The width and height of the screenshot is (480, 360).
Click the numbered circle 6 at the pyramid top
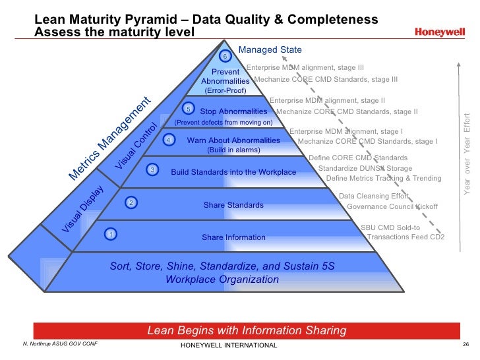(224, 57)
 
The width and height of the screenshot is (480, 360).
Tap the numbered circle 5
(189, 109)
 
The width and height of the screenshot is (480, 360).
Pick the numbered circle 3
(152, 170)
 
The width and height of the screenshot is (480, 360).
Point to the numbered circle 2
(131, 202)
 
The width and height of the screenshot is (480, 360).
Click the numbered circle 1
(111, 233)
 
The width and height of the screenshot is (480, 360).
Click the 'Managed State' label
(270, 49)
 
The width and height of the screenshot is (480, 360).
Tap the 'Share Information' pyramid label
(233, 237)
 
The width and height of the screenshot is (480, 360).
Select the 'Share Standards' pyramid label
(233, 205)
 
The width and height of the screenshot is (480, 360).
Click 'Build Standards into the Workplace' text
(233, 172)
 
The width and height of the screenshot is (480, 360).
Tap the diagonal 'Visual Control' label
(137, 146)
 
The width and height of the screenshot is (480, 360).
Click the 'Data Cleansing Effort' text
(373, 196)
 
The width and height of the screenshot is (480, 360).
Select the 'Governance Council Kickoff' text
(392, 206)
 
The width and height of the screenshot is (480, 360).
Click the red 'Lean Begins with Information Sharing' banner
(247, 330)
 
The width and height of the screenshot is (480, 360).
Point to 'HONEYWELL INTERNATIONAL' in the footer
(228, 346)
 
